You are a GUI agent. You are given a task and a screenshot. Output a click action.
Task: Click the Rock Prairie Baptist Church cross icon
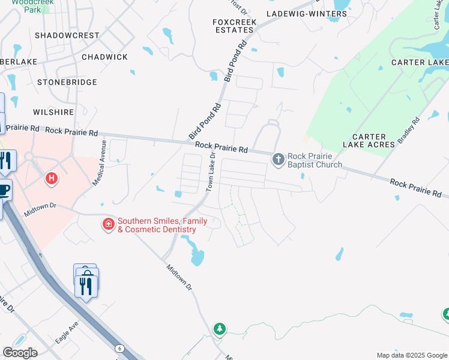[x=278, y=159]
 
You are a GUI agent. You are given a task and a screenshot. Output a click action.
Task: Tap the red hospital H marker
[x=52, y=178]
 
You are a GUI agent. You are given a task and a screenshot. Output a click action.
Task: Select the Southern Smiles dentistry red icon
[x=109, y=224]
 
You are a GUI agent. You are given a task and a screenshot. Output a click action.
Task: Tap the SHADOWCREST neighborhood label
[x=67, y=35]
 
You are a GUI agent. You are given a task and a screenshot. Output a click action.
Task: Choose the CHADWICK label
[x=104, y=57]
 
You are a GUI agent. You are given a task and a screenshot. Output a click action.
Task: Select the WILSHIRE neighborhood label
[x=54, y=112]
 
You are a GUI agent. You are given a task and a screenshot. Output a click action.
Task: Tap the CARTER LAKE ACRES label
[x=369, y=140]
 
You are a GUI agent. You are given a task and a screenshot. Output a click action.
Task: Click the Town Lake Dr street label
[x=210, y=172]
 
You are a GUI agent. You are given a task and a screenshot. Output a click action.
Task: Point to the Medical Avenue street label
[x=99, y=163]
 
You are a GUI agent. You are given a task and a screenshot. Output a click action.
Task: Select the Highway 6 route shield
[x=119, y=349]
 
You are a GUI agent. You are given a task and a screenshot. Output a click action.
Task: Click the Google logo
[x=20, y=353]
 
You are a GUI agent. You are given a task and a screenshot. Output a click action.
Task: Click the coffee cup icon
[x=4, y=190]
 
